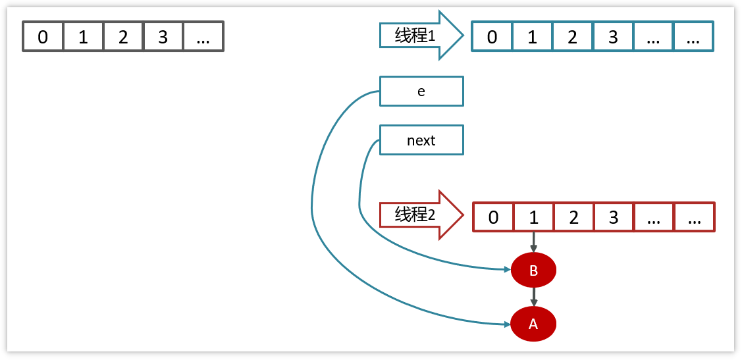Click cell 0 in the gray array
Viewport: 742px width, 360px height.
43,37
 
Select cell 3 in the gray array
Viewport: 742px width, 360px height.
163,37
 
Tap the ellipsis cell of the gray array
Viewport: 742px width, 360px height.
203,37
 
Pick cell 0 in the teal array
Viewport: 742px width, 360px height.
492,37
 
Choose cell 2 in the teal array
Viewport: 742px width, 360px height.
573,37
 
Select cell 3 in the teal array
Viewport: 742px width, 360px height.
613,37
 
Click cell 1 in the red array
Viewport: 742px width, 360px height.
533,217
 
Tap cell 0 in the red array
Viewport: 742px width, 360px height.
494,217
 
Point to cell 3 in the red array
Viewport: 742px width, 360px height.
614,217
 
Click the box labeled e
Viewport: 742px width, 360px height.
421,91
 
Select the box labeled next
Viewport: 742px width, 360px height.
421,140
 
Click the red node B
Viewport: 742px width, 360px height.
533,270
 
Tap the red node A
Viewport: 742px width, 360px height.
533,324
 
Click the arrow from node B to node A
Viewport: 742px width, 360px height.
533,297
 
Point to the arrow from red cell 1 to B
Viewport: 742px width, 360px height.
533,242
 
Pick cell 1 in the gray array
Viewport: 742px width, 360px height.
83,37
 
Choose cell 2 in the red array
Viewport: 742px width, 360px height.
573,217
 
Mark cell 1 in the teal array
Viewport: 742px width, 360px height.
532,37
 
